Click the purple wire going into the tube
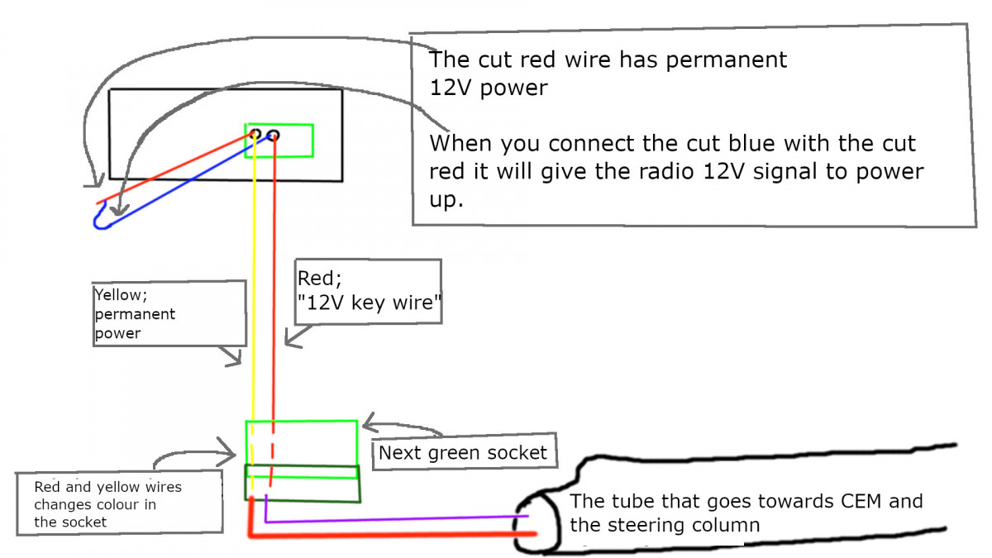point(397,520)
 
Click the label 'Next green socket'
point(463,452)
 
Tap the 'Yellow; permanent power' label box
point(169,313)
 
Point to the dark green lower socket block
point(303,483)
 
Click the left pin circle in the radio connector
point(256,134)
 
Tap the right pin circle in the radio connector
point(274,136)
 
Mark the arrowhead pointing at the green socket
point(368,426)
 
